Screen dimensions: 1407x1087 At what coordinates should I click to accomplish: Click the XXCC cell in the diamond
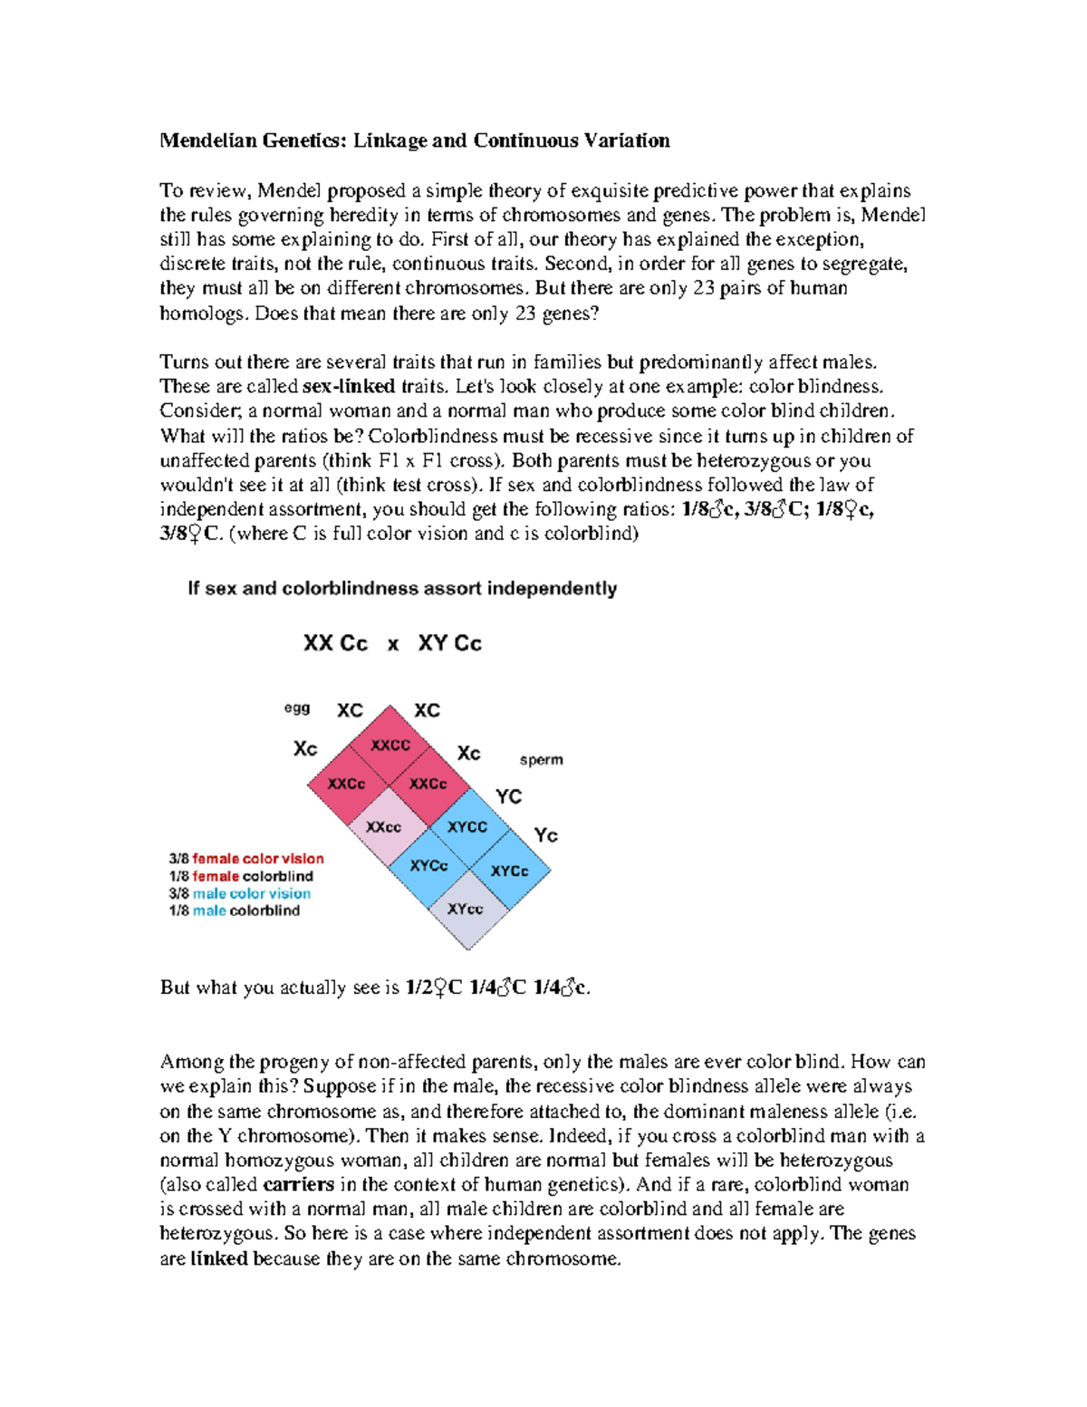click(390, 745)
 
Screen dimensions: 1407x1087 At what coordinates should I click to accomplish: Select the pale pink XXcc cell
click(383, 826)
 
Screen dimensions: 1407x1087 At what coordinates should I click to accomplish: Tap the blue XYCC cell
click(467, 826)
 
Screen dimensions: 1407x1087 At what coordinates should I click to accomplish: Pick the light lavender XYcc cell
click(466, 908)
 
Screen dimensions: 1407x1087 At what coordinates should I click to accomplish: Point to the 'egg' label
click(297, 708)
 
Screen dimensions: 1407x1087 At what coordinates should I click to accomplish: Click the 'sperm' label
click(541, 759)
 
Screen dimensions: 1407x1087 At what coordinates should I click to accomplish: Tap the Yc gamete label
click(545, 834)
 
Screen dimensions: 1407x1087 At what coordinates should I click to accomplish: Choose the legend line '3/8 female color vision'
click(246, 858)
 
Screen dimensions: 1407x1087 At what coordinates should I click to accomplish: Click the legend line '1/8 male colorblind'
click(234, 911)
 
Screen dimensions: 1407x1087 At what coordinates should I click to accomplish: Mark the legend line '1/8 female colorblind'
click(241, 876)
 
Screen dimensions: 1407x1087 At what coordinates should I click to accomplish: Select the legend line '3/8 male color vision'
click(239, 893)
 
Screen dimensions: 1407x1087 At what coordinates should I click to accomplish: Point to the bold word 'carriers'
click(298, 1184)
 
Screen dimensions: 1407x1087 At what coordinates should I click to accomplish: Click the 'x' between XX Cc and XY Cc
click(393, 645)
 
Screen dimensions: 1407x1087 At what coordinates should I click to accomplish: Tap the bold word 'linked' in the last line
click(219, 1258)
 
